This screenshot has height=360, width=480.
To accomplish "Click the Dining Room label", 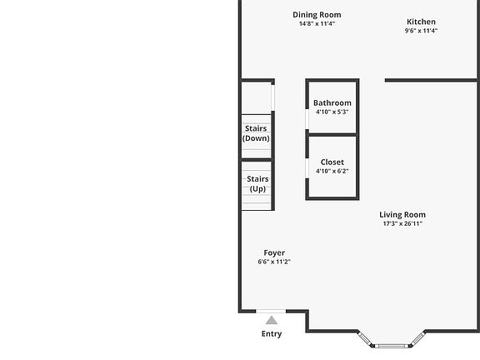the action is click(x=317, y=15).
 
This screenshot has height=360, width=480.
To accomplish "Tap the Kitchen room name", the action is click(x=421, y=22).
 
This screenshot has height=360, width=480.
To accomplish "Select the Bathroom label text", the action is click(x=332, y=102).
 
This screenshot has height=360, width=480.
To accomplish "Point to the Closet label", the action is click(x=332, y=162).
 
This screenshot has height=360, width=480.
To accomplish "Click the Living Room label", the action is click(x=402, y=215).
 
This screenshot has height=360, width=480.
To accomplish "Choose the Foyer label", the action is click(x=274, y=253).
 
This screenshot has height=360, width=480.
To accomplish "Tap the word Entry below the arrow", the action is click(x=272, y=333).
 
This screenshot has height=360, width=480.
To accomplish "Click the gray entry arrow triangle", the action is click(x=272, y=320).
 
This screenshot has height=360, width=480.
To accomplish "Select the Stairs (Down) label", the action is click(x=256, y=133).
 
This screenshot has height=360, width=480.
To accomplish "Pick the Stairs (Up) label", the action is click(x=257, y=183).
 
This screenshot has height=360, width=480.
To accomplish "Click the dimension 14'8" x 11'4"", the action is click(x=317, y=23).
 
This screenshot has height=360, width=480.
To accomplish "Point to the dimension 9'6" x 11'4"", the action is click(x=421, y=31).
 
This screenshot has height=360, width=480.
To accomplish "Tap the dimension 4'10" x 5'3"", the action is click(x=332, y=112).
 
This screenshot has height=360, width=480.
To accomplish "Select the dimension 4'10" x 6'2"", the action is click(x=332, y=171).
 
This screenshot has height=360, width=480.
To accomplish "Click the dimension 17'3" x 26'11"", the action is click(x=402, y=223).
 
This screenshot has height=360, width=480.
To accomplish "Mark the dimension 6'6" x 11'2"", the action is click(x=274, y=262).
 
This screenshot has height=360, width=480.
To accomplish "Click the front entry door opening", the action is click(x=271, y=312).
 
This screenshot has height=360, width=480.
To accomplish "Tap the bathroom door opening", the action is click(x=307, y=119).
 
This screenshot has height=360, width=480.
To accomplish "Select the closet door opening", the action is click(x=307, y=168).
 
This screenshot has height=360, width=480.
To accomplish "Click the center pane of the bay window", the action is click(x=392, y=346).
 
